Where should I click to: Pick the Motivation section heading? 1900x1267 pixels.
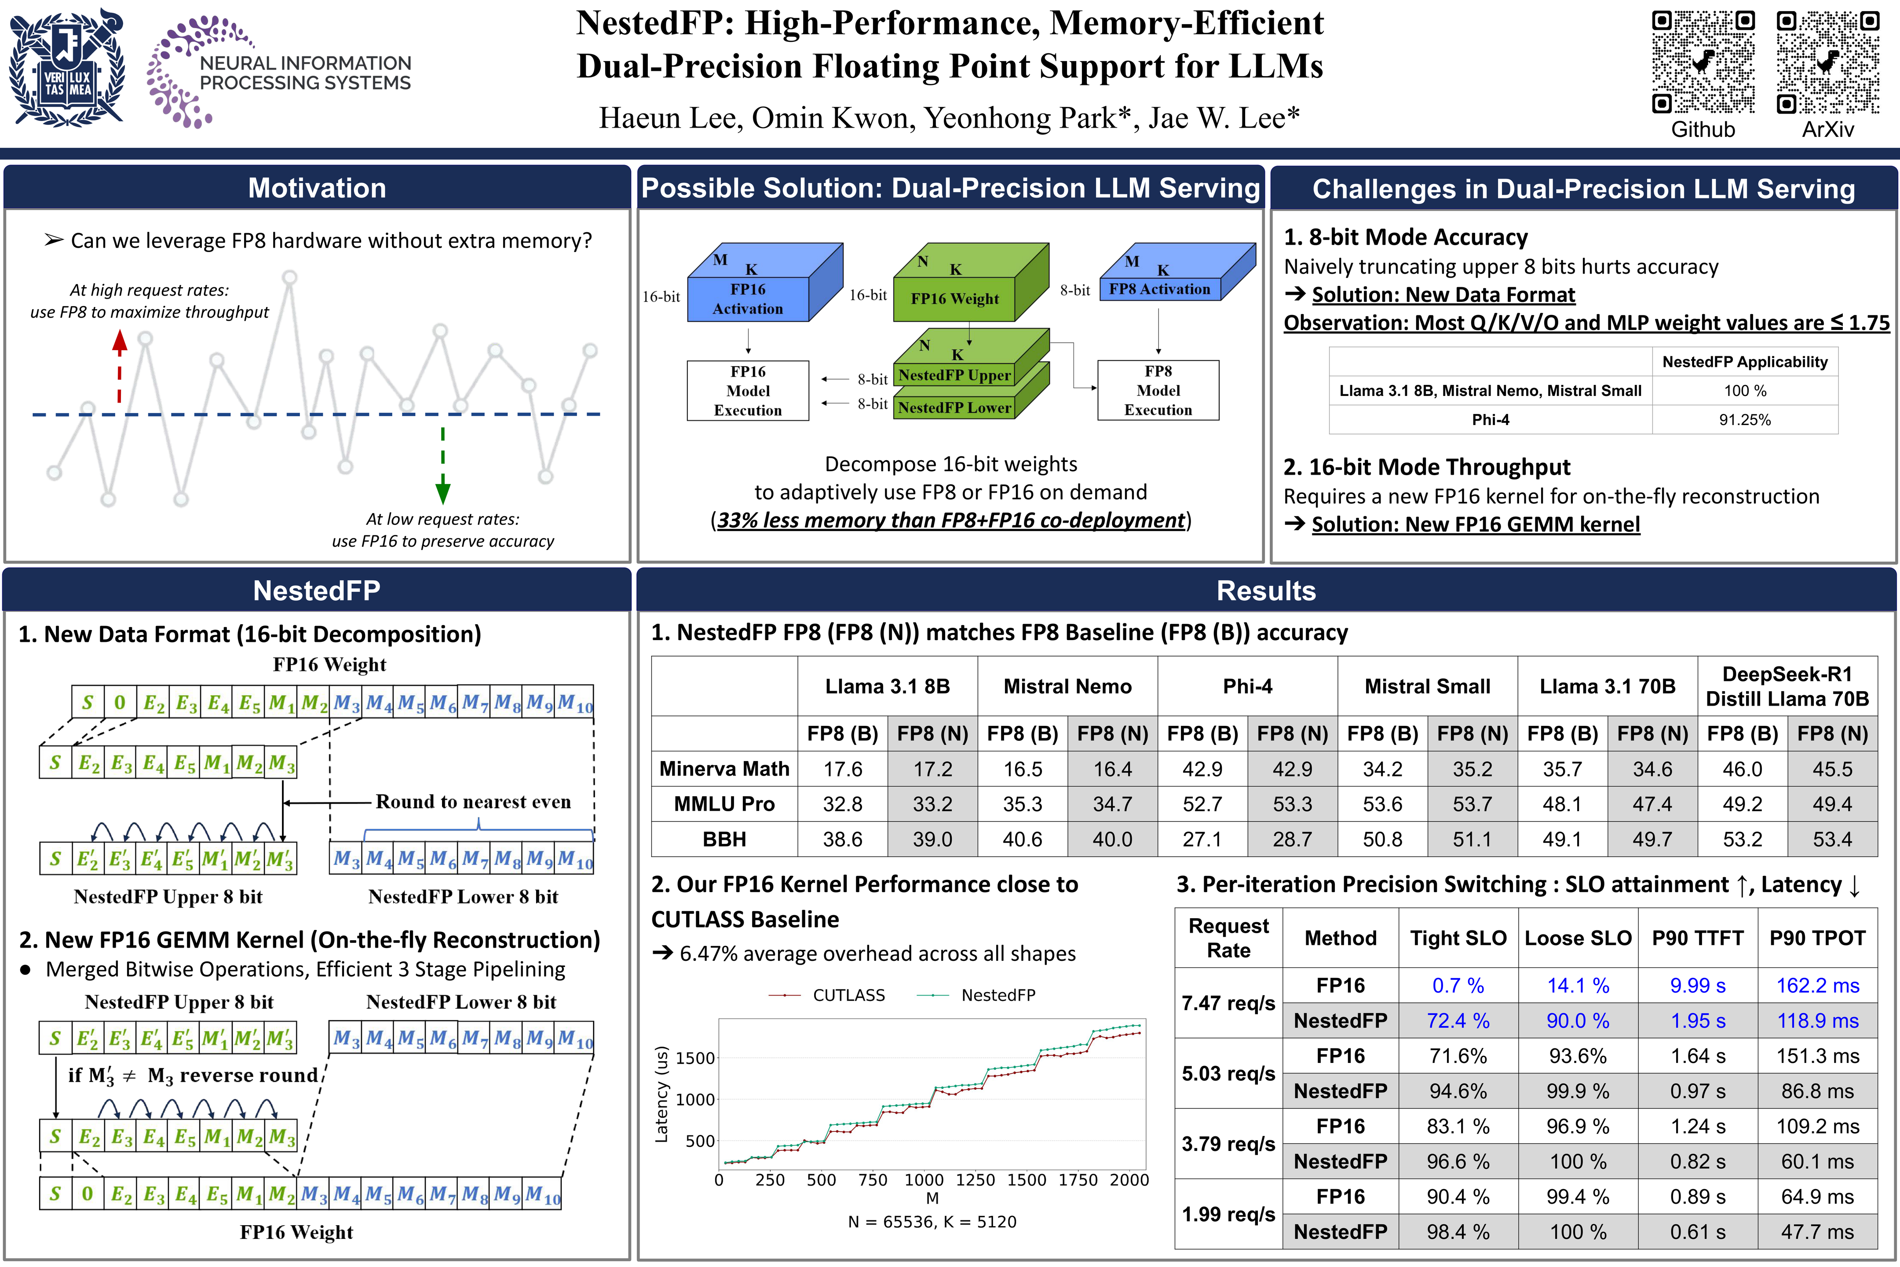tap(317, 188)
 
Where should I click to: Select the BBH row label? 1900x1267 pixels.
tap(724, 839)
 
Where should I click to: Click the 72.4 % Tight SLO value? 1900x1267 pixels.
tap(1457, 1021)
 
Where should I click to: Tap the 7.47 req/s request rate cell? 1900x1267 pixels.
tap(1228, 1003)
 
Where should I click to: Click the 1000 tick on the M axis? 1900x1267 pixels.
tap(923, 1180)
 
